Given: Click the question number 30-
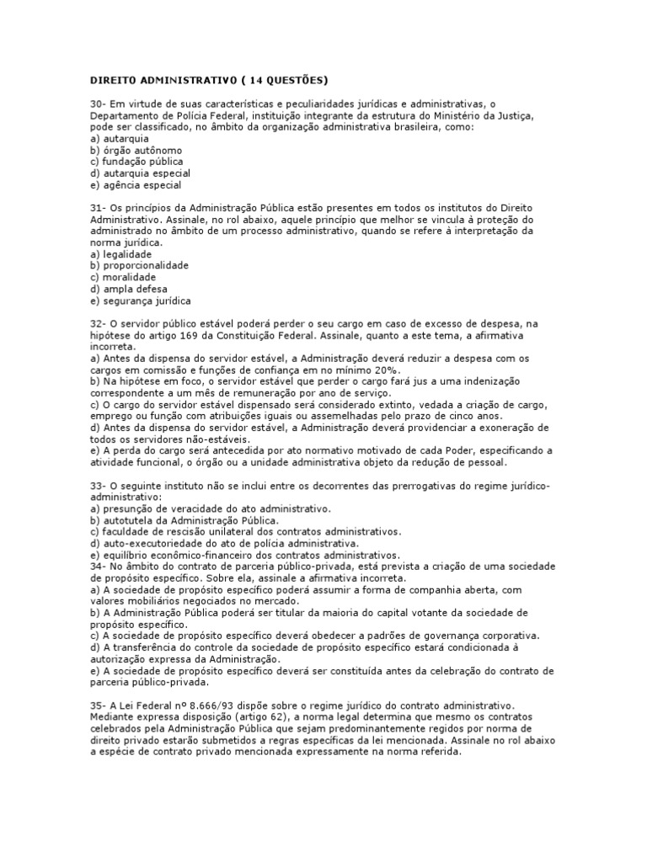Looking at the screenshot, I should [99, 104].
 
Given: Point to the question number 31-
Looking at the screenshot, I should [99, 208].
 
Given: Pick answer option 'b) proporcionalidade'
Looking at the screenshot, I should [139, 266].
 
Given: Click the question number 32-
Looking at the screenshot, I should [99, 324].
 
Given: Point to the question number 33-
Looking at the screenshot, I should [99, 487].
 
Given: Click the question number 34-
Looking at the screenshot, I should [99, 567].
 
